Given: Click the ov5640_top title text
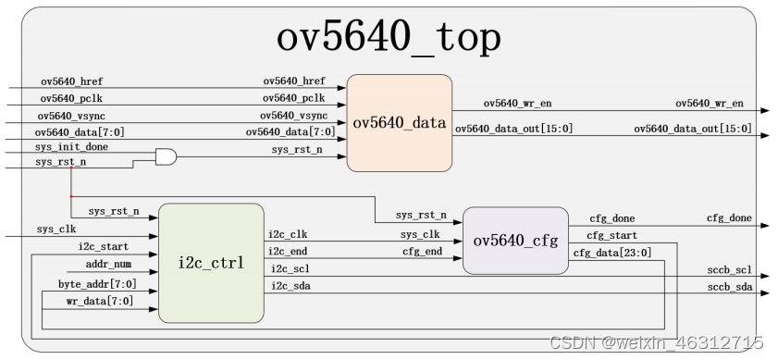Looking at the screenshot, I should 389,39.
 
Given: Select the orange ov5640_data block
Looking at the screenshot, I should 400,123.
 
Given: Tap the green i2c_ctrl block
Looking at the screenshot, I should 211,263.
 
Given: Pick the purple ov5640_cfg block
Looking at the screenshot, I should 515,241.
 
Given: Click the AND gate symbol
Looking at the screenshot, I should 166,156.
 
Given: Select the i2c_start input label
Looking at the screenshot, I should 103,246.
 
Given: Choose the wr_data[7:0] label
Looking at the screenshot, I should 101,302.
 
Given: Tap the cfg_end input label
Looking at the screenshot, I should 421,251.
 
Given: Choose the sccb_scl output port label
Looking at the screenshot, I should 729,270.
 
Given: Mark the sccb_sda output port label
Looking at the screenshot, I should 729,288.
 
